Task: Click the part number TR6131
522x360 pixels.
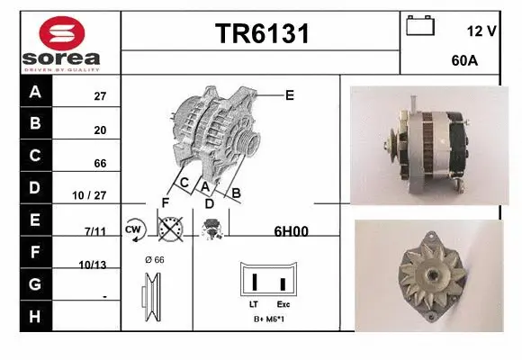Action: pyautogui.click(x=261, y=34)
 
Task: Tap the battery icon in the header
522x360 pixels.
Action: pyautogui.click(x=420, y=25)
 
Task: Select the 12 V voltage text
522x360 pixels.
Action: pyautogui.click(x=481, y=31)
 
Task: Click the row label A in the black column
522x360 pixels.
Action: pyautogui.click(x=35, y=92)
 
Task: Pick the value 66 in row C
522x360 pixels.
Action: pyautogui.click(x=100, y=164)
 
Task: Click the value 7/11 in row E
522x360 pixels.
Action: pyautogui.click(x=94, y=231)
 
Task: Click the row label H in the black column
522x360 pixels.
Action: pyautogui.click(x=35, y=316)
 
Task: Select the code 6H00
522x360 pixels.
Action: pyautogui.click(x=291, y=231)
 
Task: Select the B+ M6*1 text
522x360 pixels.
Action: pyautogui.click(x=269, y=319)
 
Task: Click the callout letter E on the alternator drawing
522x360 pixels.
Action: pyautogui.click(x=290, y=94)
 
